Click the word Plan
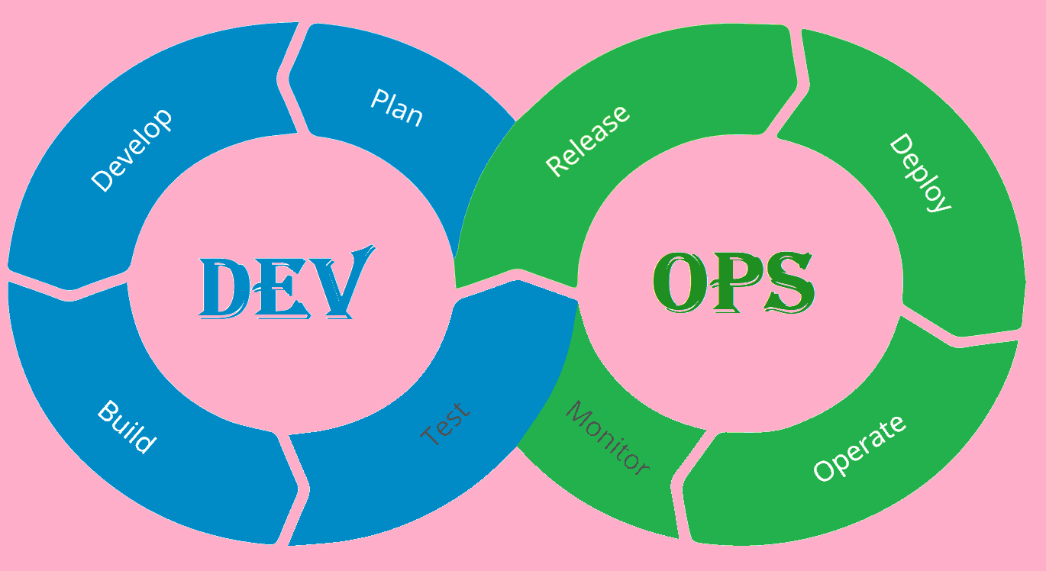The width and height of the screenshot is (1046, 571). click(x=396, y=108)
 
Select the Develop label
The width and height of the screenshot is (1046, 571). click(x=131, y=150)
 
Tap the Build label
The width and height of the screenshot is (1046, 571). click(x=127, y=427)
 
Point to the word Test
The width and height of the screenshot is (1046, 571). click(x=445, y=425)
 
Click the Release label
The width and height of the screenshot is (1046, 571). click(x=588, y=140)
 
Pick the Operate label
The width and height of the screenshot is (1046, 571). click(x=859, y=448)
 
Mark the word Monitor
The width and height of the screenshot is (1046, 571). click(x=608, y=438)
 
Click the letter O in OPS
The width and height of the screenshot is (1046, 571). click(x=679, y=282)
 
